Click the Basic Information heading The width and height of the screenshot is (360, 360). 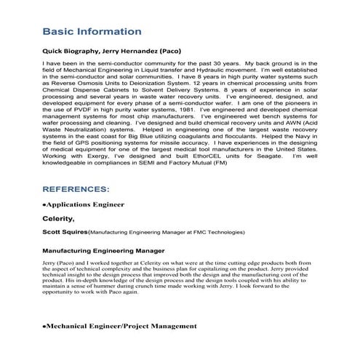pyautogui.click(x=92, y=32)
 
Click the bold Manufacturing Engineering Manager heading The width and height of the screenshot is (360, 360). pyautogui.click(x=103, y=250)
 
